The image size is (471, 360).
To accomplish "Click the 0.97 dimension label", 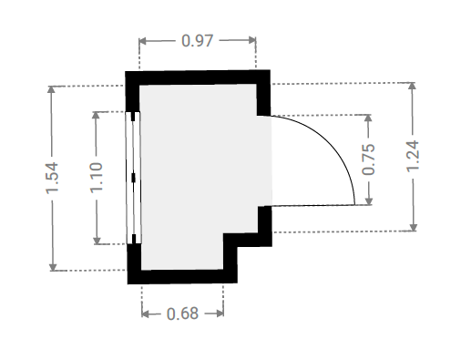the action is click(x=197, y=41).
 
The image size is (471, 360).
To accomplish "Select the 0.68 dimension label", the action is click(x=182, y=314).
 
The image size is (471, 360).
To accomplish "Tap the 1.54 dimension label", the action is click(x=52, y=178).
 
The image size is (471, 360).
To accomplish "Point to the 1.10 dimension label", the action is click(x=97, y=178).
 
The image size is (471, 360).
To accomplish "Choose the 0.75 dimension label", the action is click(x=368, y=159).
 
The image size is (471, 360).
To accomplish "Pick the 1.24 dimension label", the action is click(x=413, y=157).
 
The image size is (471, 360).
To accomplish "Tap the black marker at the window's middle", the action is click(x=133, y=178).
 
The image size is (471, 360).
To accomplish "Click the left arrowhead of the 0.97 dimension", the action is click(x=142, y=41).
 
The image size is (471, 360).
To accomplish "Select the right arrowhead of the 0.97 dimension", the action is click(x=252, y=40).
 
